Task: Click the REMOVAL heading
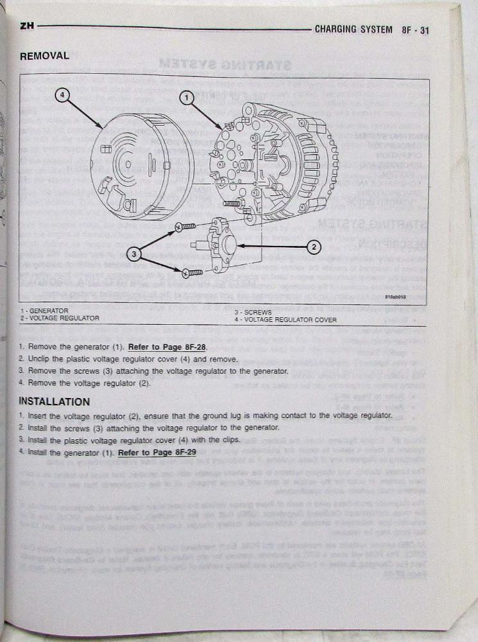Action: click(x=44, y=56)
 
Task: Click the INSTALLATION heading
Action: click(x=55, y=402)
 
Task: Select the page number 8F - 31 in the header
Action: click(x=415, y=30)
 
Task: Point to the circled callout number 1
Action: click(x=186, y=98)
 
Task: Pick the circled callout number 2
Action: click(x=314, y=246)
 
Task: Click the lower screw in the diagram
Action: click(x=192, y=273)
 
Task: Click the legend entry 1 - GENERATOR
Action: click(x=44, y=310)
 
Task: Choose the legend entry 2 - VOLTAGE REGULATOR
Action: click(x=59, y=318)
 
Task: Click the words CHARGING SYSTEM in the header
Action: click(x=354, y=30)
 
